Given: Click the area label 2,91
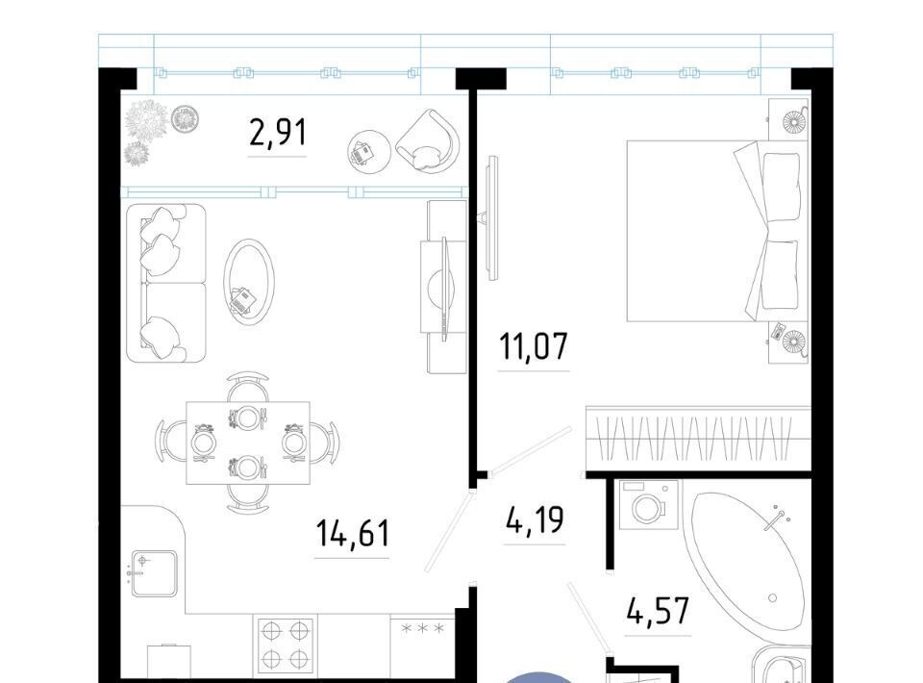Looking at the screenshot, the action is click(278, 133).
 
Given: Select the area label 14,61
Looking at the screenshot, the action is click(353, 533).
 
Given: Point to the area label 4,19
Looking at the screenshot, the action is click(535, 519).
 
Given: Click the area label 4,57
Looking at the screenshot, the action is click(658, 611).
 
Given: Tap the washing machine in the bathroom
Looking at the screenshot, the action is click(649, 505).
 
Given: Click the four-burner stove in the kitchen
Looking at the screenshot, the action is click(285, 645).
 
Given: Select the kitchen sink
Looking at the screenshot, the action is click(154, 573).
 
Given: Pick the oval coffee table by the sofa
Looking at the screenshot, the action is click(248, 281).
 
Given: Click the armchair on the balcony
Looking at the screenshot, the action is click(428, 141).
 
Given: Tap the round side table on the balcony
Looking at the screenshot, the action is click(369, 152).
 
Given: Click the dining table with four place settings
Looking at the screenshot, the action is click(248, 443).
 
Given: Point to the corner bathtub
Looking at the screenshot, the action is click(748, 562).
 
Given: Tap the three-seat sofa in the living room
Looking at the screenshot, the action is click(166, 283).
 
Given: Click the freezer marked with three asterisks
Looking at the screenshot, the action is click(423, 645).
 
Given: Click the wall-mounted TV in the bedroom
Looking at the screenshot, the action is click(489, 216).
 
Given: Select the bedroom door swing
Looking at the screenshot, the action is click(530, 450).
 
